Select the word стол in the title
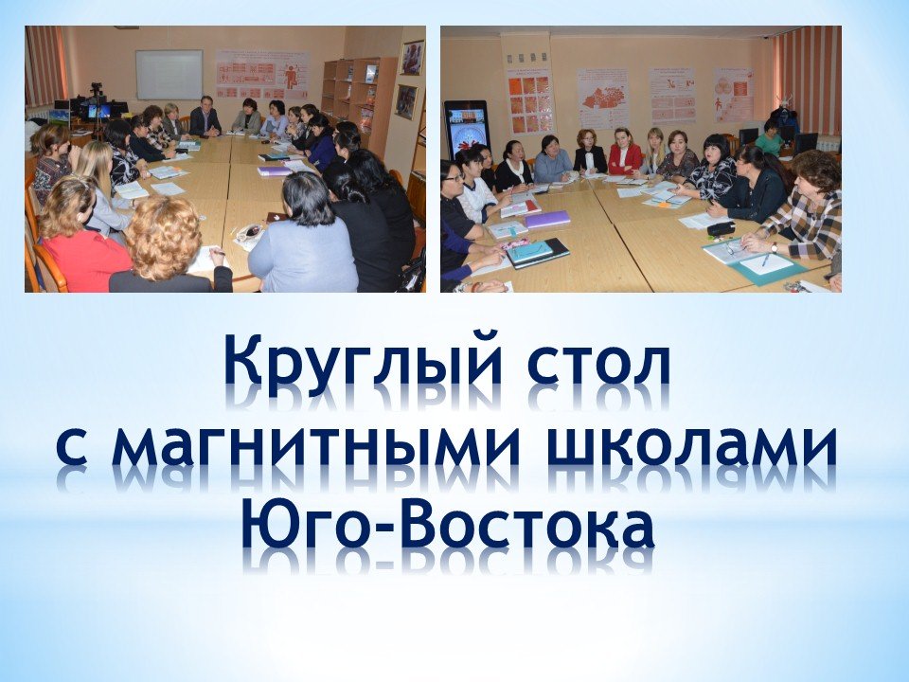(x=598, y=366)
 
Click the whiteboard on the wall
(x=169, y=75)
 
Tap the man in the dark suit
(x=205, y=117)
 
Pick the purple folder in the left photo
(x=275, y=171)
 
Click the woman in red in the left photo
(x=79, y=238)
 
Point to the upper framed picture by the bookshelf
(x=412, y=58)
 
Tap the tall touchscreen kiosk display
(x=467, y=130)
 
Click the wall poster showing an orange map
(x=603, y=99)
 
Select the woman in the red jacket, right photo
(x=625, y=152)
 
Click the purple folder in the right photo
(x=548, y=219)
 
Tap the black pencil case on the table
(x=722, y=228)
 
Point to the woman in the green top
(x=770, y=137)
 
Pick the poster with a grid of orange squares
(x=530, y=102)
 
